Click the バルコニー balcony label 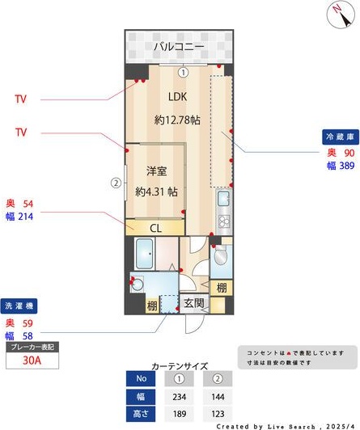coord(179,48)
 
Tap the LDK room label coord(178,98)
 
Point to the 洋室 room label coord(157,171)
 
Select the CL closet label coord(156,228)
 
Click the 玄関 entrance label coord(193,304)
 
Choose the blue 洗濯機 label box coord(19,308)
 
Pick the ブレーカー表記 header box coord(32,347)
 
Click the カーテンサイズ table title coord(180,366)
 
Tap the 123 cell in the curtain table coord(216,414)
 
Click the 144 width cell coord(216,397)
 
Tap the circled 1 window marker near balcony coord(184,71)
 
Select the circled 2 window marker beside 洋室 coord(116,183)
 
